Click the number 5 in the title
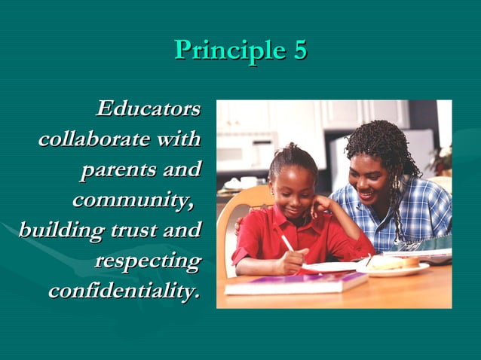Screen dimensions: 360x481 [299, 50]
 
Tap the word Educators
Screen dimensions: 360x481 [149, 108]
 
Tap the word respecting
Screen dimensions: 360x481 [148, 261]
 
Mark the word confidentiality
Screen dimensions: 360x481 [124, 291]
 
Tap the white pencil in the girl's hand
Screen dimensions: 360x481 [287, 243]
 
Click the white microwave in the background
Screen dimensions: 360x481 [243, 151]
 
